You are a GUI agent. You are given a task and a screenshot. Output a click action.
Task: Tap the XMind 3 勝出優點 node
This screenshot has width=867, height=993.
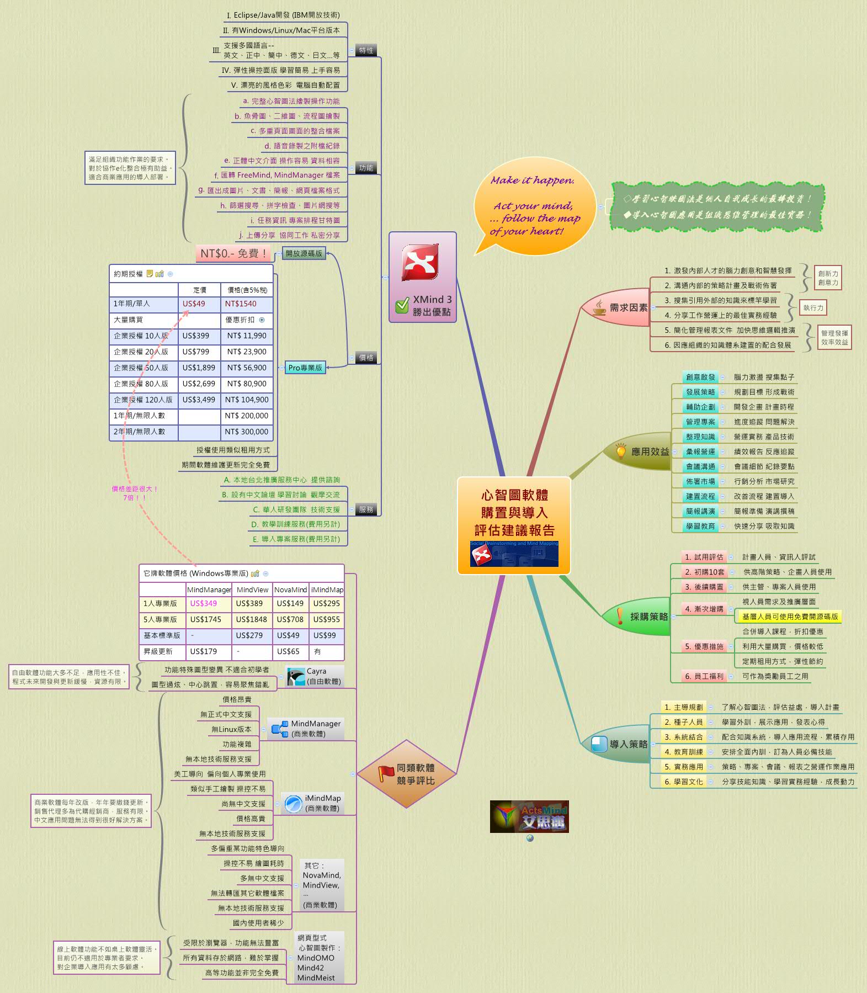point(423,277)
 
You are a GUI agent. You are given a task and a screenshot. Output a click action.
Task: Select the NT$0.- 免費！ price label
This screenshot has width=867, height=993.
point(233,253)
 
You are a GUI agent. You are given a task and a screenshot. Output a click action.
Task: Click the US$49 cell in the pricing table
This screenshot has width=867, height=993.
point(194,304)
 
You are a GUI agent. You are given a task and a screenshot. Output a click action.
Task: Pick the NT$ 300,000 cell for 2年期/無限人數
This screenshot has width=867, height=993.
point(246,432)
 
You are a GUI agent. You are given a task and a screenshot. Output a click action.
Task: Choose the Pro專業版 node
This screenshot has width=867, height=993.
point(305,368)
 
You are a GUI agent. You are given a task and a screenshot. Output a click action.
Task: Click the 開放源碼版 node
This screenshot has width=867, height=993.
point(304,253)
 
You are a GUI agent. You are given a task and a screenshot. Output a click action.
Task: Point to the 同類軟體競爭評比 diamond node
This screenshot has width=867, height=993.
point(407,774)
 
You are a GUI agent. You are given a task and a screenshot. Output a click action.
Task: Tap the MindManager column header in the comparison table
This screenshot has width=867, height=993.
point(209,590)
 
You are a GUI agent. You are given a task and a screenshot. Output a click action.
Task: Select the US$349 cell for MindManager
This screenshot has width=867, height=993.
point(204,603)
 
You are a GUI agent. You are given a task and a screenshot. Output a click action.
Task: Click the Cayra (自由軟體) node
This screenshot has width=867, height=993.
point(315,676)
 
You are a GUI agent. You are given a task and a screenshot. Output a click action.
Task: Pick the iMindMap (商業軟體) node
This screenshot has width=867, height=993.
point(313,803)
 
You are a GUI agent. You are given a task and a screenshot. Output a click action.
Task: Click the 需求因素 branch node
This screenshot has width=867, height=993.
point(621,307)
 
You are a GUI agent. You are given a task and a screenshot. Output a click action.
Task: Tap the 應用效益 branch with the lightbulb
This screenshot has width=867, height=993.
point(642,452)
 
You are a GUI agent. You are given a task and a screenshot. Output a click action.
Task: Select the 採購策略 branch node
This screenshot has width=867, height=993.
point(641,616)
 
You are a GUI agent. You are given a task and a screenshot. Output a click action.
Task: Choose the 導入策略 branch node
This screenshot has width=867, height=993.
point(621,744)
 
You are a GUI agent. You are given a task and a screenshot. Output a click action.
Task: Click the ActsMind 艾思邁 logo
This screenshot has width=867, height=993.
point(529,816)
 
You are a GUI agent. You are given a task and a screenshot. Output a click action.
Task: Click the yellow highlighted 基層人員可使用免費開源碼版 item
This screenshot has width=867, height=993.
point(790,617)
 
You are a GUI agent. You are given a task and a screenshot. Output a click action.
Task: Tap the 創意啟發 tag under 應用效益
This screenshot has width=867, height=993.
point(700,377)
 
